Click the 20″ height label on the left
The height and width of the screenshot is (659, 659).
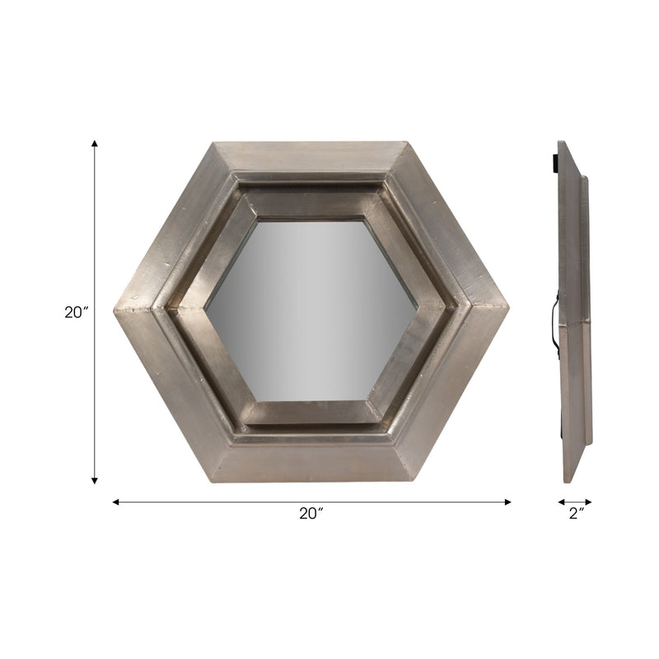[x=75, y=313]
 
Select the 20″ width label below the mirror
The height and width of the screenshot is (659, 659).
[x=311, y=513]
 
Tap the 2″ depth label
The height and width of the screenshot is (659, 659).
[x=576, y=513]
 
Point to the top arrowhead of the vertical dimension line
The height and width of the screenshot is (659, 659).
[x=95, y=144]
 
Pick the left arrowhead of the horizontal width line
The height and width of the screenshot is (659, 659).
[x=115, y=501]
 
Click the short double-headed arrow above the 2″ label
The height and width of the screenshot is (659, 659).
[x=575, y=501]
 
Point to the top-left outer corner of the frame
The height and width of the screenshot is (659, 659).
[x=213, y=143]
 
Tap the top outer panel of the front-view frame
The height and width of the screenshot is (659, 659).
[x=311, y=157]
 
